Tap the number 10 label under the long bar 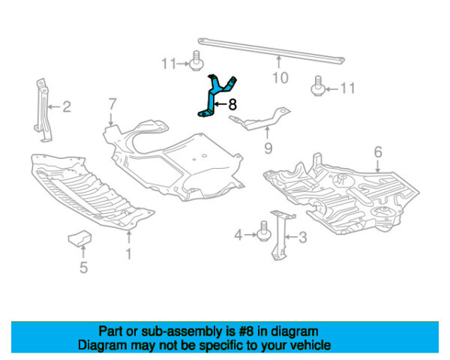279,76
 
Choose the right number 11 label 346,88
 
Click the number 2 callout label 67,106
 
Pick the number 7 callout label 112,103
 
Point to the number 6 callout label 378,152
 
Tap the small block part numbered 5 79,238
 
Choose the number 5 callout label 83,266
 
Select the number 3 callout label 303,238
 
